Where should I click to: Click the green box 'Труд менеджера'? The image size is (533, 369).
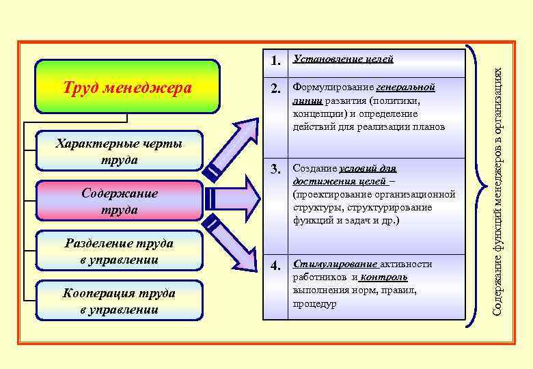click(127, 87)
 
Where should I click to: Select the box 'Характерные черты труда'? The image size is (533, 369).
click(120, 151)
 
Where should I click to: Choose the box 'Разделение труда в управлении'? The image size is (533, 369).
click(120, 251)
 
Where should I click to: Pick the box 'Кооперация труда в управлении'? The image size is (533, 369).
click(120, 301)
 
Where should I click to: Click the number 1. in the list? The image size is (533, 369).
click(276, 61)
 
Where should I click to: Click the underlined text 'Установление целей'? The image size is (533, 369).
click(342, 59)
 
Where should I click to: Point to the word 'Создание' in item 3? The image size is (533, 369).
click(314, 168)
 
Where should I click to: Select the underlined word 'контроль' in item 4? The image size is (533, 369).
click(384, 277)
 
